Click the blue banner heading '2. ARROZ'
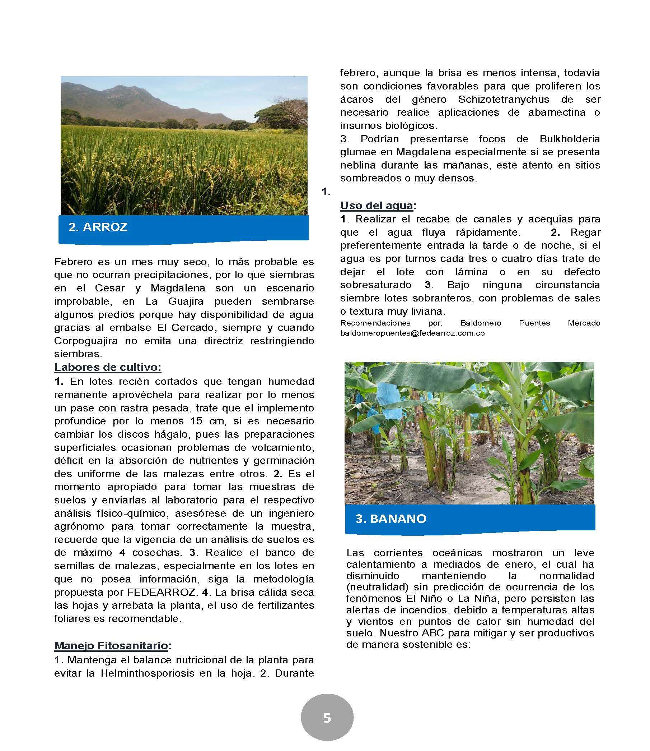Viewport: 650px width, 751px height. point(98,227)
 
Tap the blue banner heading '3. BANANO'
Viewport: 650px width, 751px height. point(390,519)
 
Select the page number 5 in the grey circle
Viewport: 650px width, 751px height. point(327,718)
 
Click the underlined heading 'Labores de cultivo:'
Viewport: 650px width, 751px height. point(107,367)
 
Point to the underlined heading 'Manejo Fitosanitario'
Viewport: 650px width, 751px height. point(111,646)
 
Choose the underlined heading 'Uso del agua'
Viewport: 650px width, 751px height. point(377,206)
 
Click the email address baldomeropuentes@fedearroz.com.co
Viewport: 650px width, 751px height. point(412,333)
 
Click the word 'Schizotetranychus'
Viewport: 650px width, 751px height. point(504,99)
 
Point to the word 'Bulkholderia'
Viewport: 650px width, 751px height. point(570,139)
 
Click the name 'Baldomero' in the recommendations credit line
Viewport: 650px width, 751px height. point(481,323)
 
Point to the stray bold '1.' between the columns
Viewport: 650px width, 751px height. point(326,192)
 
